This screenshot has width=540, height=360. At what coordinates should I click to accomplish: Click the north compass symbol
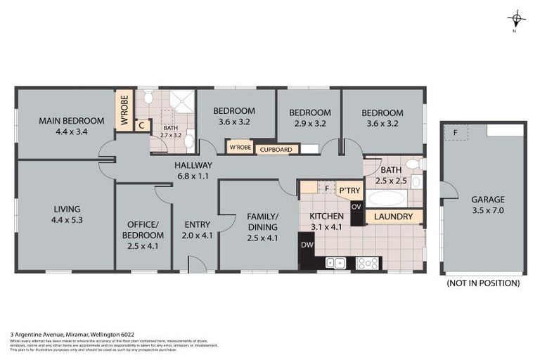pos(517,19)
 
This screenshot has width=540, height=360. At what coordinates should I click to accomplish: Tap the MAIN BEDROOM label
pos(70,120)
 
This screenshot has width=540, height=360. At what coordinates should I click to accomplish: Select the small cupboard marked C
pos(141,126)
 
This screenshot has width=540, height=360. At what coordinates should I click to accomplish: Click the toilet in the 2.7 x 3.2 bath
pos(148,99)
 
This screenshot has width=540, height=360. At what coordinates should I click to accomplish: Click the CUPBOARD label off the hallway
pos(277,149)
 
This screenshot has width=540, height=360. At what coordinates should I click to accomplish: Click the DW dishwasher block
pos(307,245)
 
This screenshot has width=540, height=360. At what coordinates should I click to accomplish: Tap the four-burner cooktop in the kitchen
pos(368,264)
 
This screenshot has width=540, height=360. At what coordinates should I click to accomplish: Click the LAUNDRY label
pos(393,217)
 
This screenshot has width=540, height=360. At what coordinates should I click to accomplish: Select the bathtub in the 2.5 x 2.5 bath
pos(386,198)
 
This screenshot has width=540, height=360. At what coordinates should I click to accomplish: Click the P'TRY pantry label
pos(349,190)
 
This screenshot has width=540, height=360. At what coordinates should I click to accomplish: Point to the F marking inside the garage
pos(455,132)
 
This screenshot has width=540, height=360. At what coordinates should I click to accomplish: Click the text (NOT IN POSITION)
pos(482,283)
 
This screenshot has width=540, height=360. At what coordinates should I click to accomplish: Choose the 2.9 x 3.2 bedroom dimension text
pos(309,123)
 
